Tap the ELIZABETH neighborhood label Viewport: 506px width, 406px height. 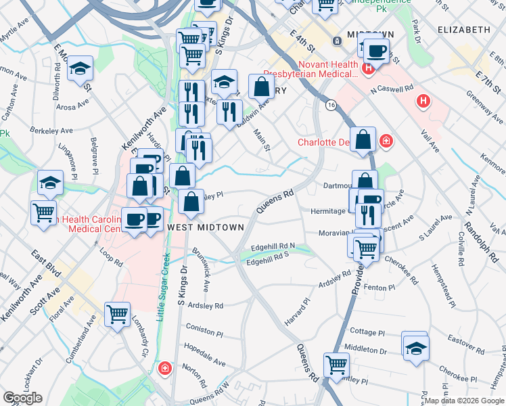(x=463, y=30)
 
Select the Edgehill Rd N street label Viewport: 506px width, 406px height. (x=273, y=246)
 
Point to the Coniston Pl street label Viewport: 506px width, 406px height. (x=205, y=333)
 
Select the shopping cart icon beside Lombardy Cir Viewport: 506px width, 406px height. (x=118, y=314)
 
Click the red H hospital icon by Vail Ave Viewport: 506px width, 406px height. (x=424, y=102)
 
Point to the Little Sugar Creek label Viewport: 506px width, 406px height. (x=163, y=285)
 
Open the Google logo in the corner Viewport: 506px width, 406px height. (x=22, y=398)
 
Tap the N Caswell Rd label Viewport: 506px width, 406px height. (x=391, y=89)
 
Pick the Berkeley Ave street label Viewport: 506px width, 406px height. (x=51, y=131)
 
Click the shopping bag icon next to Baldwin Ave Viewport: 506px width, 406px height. (x=261, y=87)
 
